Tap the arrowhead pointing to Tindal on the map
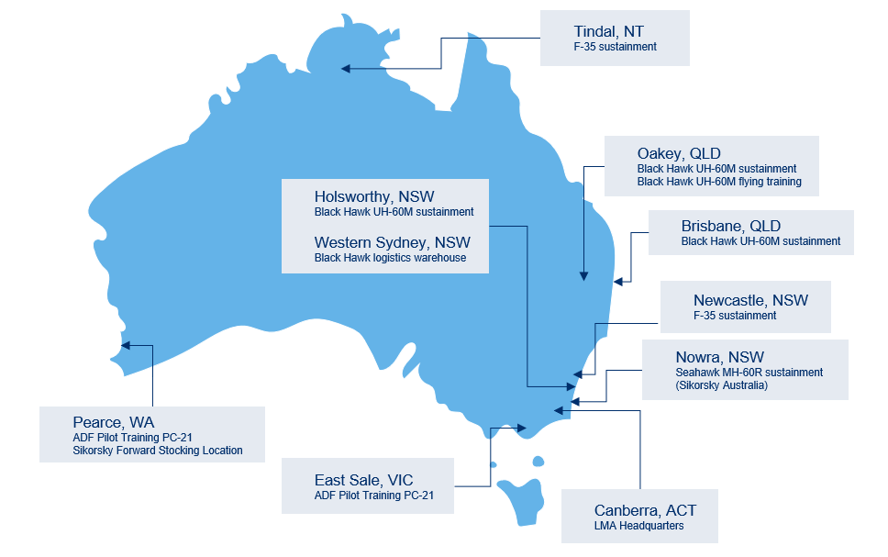pos(346,68)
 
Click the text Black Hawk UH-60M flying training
pos(719,182)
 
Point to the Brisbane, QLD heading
pos(730,226)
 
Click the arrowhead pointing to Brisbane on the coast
pos(618,281)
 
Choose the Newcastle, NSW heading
pos(750,300)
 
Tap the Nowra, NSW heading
pos(720,357)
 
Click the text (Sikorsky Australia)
pos(721,385)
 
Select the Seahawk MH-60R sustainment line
pos(749,373)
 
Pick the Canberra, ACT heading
pos(639,510)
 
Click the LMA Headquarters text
pos(638,526)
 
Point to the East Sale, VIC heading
pos(370,480)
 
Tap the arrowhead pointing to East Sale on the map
pos(522,428)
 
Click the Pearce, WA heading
pos(113,422)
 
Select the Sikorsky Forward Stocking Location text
pos(158,451)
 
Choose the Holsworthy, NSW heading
pos(373,196)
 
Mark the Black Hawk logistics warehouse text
pos(390,258)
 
